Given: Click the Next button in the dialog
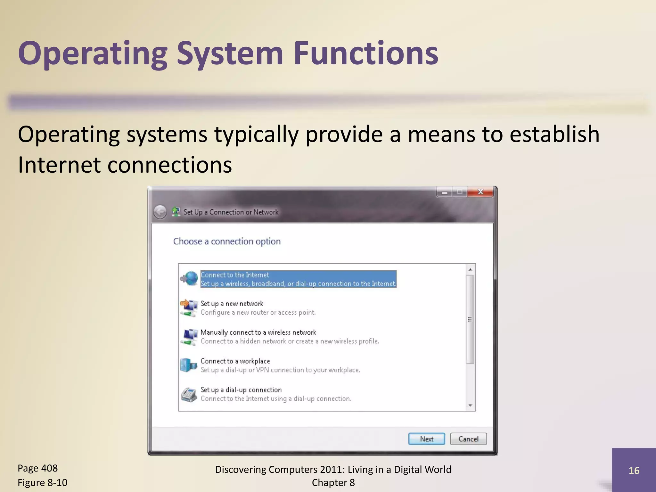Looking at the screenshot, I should [x=426, y=439].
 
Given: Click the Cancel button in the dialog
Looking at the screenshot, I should [x=468, y=439].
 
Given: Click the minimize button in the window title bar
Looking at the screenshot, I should [x=444, y=192].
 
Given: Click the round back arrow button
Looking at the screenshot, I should [x=160, y=212].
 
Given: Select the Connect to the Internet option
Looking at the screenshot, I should [x=298, y=279].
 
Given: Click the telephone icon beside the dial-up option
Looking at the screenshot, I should [x=189, y=395].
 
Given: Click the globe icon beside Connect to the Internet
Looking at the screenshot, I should [x=190, y=278].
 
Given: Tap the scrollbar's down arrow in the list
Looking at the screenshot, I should [x=470, y=406].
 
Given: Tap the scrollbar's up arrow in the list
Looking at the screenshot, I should [x=470, y=270].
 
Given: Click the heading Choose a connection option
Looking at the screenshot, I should [x=227, y=241].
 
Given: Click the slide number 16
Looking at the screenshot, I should [x=634, y=471].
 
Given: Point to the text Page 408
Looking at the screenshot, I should [x=37, y=468].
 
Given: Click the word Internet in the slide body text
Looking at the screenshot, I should [x=59, y=165].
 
